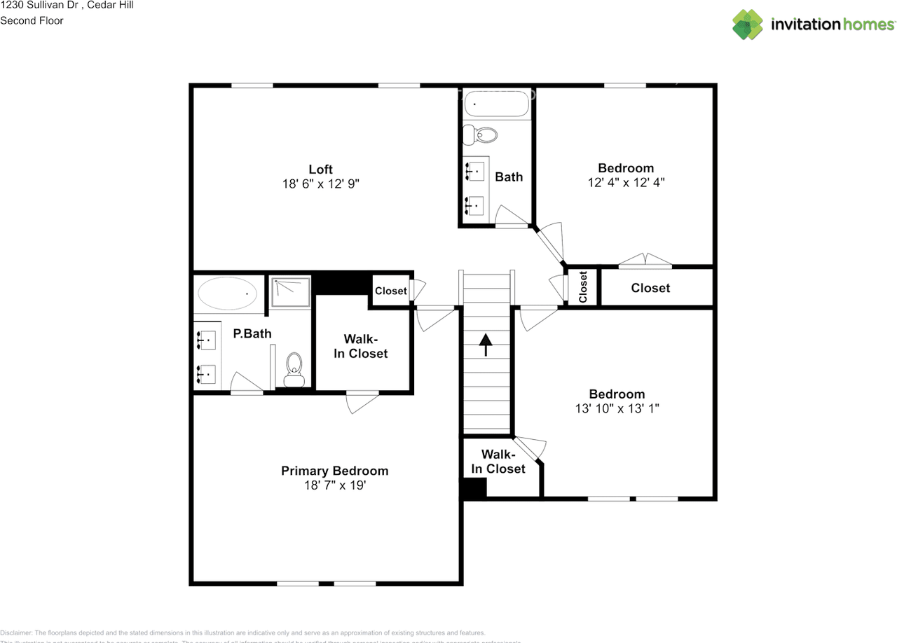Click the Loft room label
[x=320, y=169]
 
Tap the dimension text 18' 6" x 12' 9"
[x=320, y=184]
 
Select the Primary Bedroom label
[x=334, y=471]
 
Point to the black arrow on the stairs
[x=485, y=345]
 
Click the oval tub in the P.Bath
[x=227, y=293]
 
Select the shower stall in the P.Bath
[x=290, y=291]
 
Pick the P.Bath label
[x=252, y=333]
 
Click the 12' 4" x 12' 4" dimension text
[x=626, y=182]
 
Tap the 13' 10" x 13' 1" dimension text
[x=617, y=408]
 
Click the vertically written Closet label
[x=583, y=286]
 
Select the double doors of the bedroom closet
[x=645, y=261]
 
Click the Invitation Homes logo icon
[x=748, y=25]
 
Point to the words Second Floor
[x=32, y=20]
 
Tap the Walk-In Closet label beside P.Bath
[x=360, y=346]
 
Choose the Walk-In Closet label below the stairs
[x=498, y=462]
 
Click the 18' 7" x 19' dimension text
[x=334, y=485]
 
